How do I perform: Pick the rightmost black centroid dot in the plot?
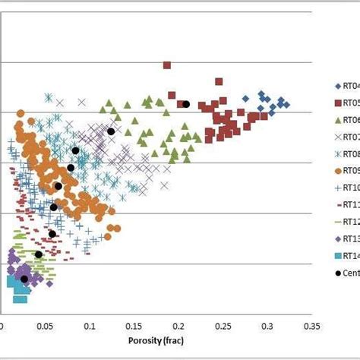coord(186,104)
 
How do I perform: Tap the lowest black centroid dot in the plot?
coord(24,279)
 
